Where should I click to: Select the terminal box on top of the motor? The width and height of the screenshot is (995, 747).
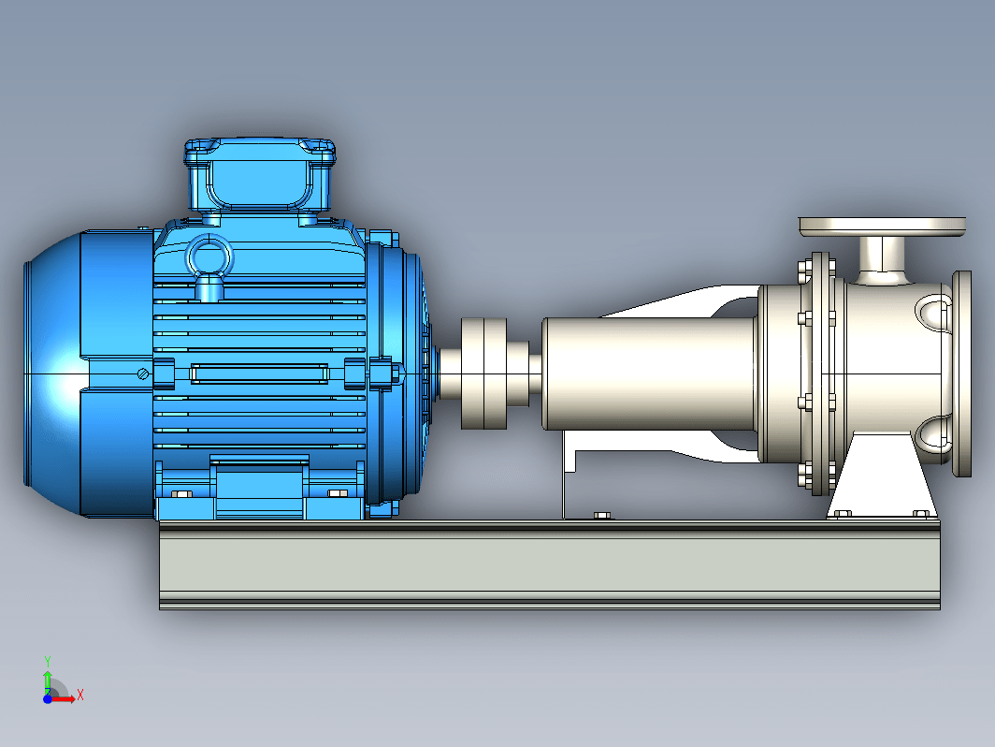tap(260, 175)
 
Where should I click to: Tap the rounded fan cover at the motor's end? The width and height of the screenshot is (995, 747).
tap(54, 373)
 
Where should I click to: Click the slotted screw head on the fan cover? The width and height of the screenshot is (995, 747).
tap(143, 374)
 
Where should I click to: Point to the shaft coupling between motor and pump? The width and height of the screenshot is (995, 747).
tap(483, 373)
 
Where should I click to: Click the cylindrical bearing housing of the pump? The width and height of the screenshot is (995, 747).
tap(649, 373)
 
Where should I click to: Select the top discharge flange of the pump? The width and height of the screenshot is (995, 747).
tap(882, 227)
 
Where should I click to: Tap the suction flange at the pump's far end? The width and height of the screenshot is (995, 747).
tap(962, 373)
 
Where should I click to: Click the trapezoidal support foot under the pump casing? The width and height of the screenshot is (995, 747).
tap(882, 476)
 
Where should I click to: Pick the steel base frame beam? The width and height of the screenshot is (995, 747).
tap(550, 564)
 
